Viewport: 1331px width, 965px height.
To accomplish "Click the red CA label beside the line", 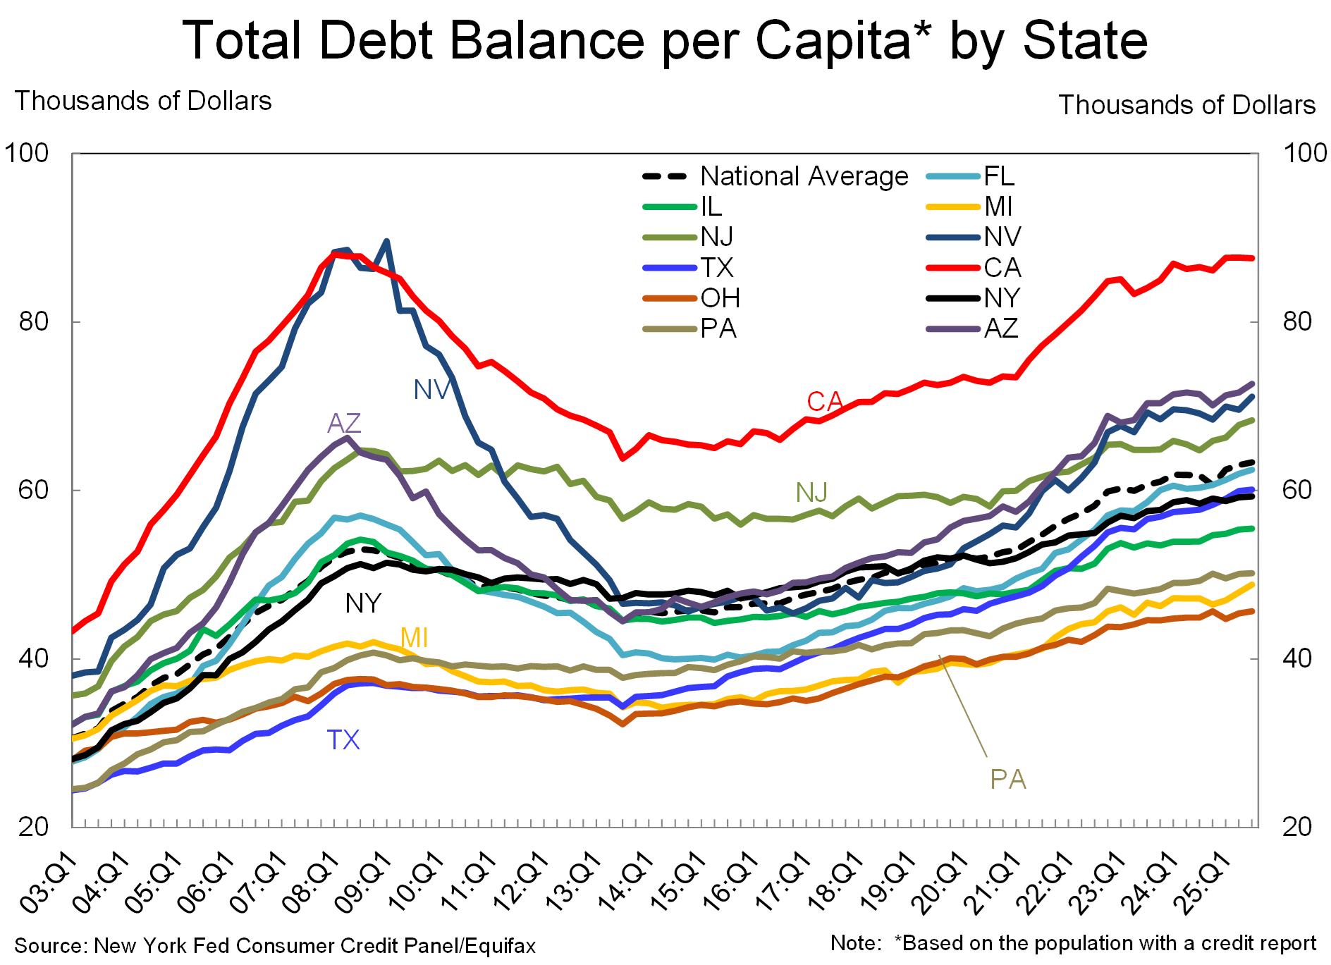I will [x=825, y=402].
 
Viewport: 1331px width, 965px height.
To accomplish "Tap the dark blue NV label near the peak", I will [x=431, y=390].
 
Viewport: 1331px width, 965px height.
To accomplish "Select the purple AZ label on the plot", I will [x=344, y=424].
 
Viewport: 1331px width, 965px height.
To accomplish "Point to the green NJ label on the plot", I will [x=811, y=493].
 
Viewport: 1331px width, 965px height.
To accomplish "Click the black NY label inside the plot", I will [x=363, y=603].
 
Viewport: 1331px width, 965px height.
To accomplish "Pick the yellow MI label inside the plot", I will [x=414, y=638].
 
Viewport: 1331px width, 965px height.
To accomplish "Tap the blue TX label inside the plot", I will [x=343, y=740].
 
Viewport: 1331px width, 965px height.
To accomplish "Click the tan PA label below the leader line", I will [x=1008, y=780].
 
